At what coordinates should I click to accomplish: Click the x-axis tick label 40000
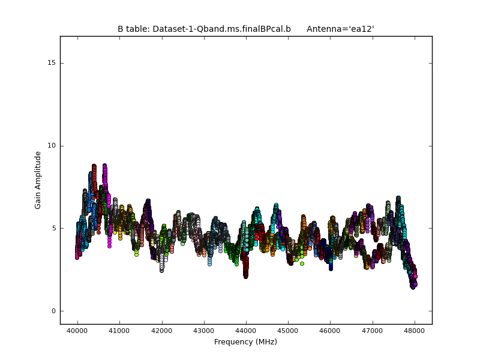(77, 331)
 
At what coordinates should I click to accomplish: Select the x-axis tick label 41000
(119, 331)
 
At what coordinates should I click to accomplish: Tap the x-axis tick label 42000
(161, 331)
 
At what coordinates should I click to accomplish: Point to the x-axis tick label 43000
(203, 331)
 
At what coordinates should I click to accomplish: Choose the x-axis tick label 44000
(246, 331)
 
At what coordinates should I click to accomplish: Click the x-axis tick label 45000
(288, 331)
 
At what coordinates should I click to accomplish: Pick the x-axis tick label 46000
(330, 331)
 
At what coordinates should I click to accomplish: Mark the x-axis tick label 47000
(372, 331)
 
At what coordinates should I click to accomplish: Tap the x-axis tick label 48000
(415, 331)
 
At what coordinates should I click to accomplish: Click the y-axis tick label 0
(53, 311)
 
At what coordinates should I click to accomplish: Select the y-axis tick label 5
(53, 228)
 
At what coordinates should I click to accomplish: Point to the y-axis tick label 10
(52, 145)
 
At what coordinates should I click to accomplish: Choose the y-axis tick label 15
(52, 63)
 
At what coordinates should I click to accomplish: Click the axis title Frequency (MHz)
(245, 342)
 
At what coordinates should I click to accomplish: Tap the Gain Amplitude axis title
(38, 180)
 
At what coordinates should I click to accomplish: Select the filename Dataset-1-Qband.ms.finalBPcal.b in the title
(221, 29)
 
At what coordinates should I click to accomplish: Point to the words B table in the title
(133, 29)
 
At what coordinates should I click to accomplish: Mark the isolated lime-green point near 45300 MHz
(302, 263)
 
